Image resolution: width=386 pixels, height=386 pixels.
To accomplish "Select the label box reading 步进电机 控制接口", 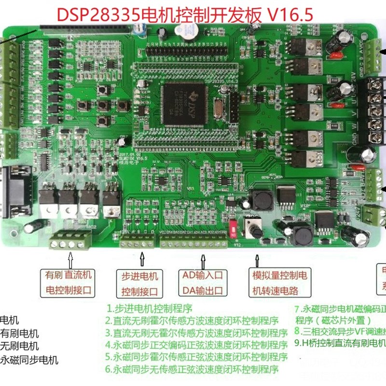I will [140, 284].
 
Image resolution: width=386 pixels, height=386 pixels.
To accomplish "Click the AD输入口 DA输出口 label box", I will [203, 283].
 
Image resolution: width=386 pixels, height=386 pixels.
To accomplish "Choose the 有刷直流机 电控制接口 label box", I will [69, 283].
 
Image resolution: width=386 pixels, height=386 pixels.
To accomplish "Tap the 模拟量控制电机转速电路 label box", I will [280, 283].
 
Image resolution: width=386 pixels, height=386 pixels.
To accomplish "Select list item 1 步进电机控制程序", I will [150, 308].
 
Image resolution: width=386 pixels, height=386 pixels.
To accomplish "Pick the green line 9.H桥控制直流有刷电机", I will [340, 343].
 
